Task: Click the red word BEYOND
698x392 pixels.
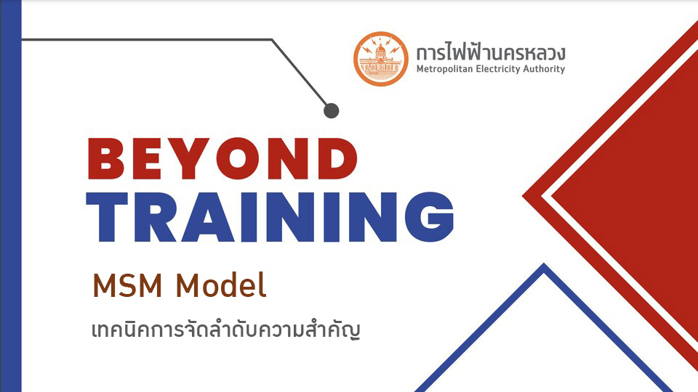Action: tap(222, 159)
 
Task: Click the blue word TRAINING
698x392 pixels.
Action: tap(270, 217)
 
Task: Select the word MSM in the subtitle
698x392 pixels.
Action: tap(127, 285)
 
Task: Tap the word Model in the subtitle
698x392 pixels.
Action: tap(221, 285)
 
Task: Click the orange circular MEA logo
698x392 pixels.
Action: tap(380, 59)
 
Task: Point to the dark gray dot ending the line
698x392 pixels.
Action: tap(332, 110)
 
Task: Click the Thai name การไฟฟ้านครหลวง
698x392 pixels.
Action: tap(491, 52)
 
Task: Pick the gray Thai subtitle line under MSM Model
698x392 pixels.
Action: tap(225, 330)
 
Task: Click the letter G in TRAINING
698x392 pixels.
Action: tap(429, 216)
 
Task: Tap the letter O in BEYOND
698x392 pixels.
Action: tap(238, 159)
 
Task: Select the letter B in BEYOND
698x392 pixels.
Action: tap(106, 159)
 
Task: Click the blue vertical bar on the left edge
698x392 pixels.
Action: tap(11, 196)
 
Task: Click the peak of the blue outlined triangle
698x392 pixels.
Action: tap(544, 264)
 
